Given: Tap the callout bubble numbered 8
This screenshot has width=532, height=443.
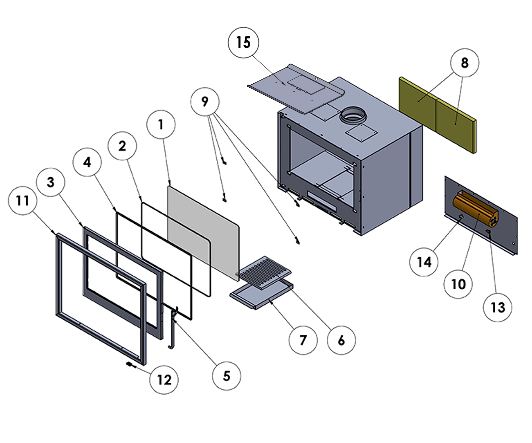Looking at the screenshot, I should pyautogui.click(x=464, y=63).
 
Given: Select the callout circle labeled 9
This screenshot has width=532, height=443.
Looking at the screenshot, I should pyautogui.click(x=204, y=101).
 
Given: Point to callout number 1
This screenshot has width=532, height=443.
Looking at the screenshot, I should pyautogui.click(x=161, y=125).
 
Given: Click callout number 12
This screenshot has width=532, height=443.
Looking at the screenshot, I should pyautogui.click(x=164, y=380).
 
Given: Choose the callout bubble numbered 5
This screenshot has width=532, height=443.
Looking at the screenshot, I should pyautogui.click(x=227, y=376).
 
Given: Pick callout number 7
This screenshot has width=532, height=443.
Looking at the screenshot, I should pyautogui.click(x=303, y=341).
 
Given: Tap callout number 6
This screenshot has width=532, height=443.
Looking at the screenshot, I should pyautogui.click(x=341, y=340).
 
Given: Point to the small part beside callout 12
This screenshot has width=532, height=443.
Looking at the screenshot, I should pyautogui.click(x=130, y=365).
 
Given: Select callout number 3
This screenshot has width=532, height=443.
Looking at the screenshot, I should pyautogui.click(x=51, y=182).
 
